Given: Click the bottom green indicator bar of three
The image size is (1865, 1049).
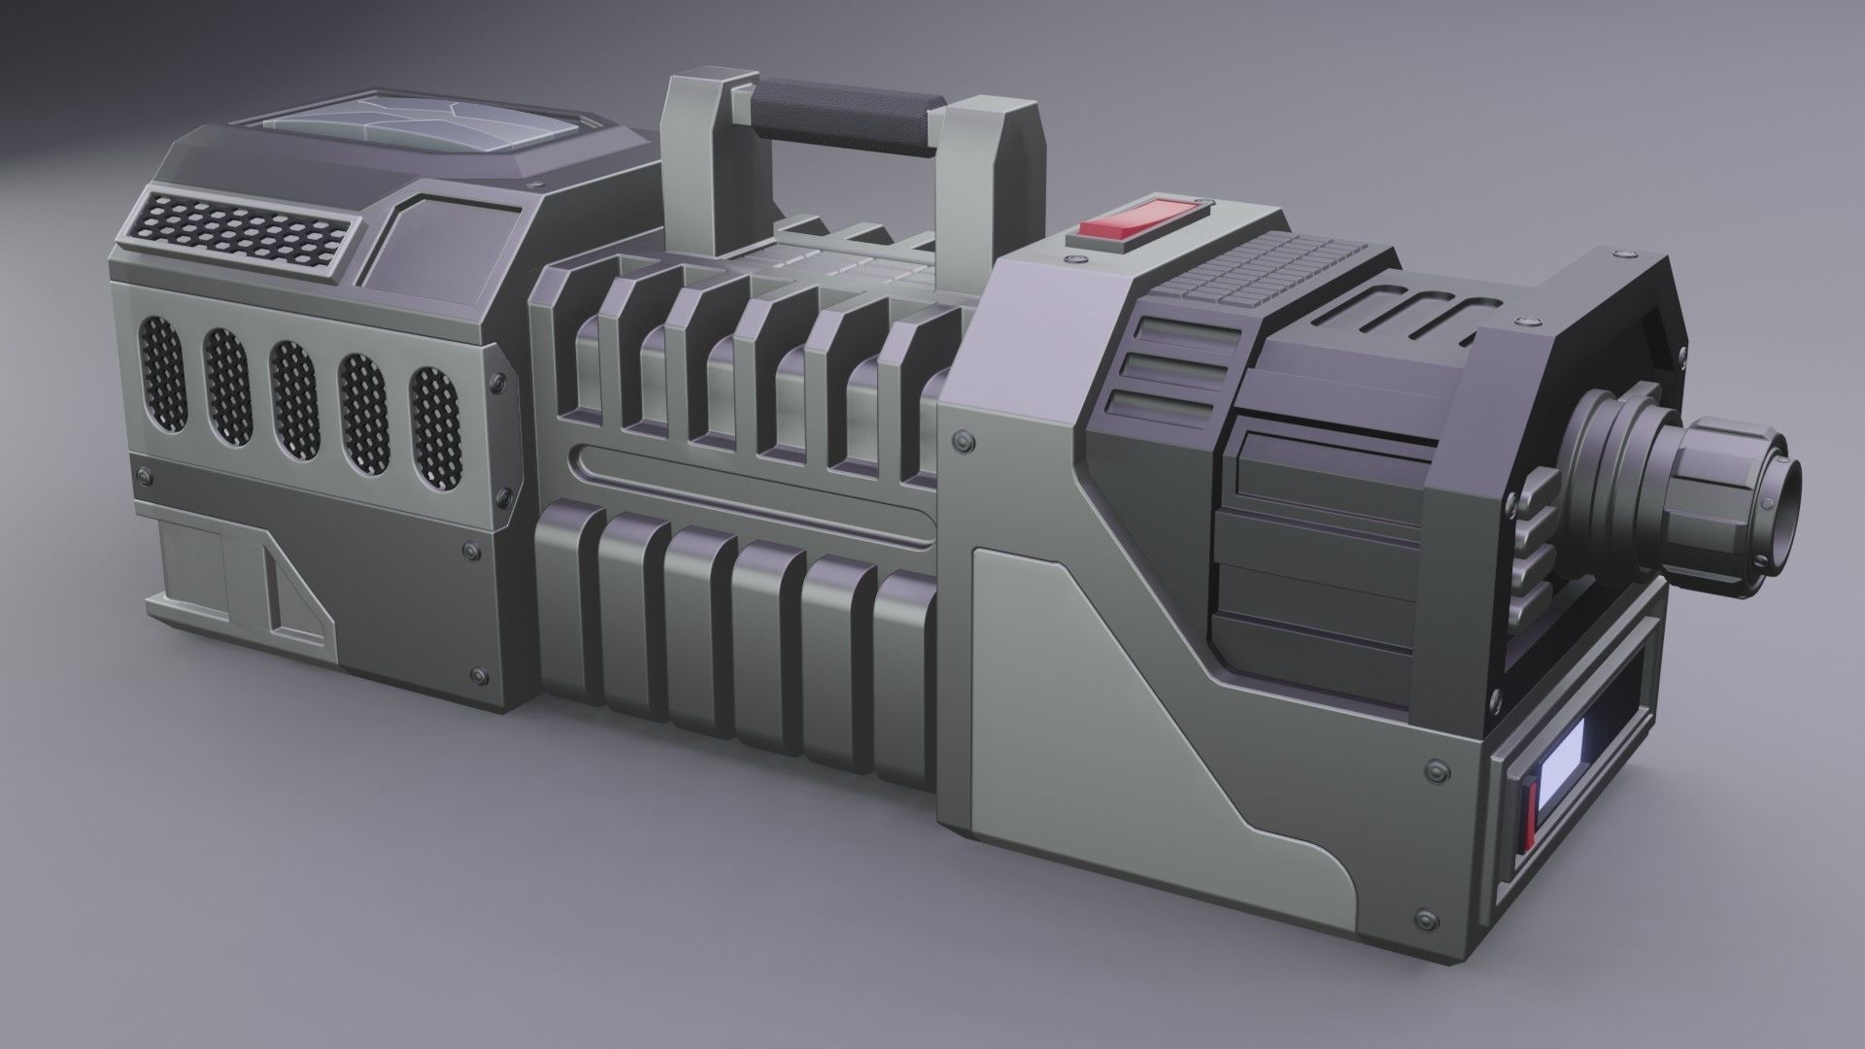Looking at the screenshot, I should click(x=1166, y=408).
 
